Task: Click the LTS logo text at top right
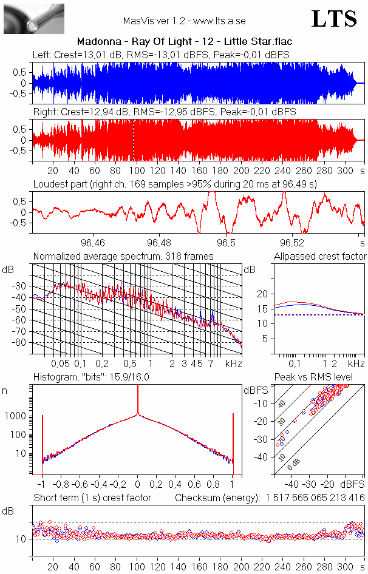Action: (334, 19)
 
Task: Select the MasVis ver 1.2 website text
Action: (184, 21)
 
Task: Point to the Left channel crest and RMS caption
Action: (161, 55)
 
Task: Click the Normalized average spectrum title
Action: (123, 257)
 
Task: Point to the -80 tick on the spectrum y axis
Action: (22, 343)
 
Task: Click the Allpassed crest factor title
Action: (320, 257)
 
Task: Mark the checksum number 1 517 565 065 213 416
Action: (315, 498)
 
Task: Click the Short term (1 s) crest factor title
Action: (92, 498)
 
